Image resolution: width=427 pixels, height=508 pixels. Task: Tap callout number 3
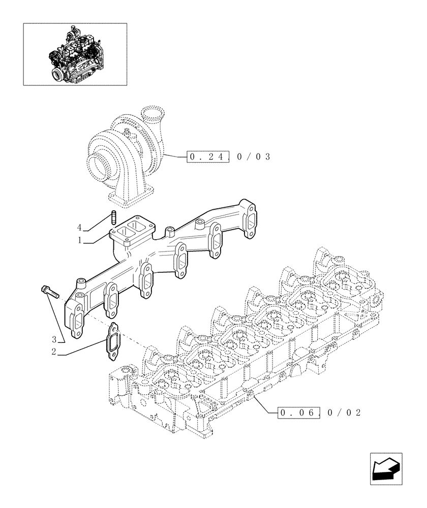pos(53,339)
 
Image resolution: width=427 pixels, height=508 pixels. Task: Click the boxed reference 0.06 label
pos(299,412)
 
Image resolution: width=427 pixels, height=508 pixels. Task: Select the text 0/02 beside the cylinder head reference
pos(343,412)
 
